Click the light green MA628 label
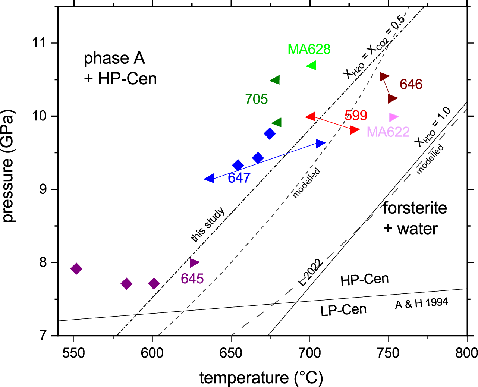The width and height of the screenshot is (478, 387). pos(309,49)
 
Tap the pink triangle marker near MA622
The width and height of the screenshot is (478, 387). pos(393,117)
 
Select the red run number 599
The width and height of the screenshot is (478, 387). pos(356,116)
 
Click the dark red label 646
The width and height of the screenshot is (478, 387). pos(411,84)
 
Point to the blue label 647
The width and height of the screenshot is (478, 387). pos(239,178)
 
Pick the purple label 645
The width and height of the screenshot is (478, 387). pos(192,279)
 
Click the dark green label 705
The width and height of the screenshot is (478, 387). pos(257,99)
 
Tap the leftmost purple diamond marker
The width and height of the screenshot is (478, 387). pos(76,268)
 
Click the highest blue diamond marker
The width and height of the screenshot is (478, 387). pos(270,133)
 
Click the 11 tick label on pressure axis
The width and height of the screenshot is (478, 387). pos(41,43)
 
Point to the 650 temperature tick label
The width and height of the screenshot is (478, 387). pos(231,353)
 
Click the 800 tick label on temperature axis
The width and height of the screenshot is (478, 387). pos(466,353)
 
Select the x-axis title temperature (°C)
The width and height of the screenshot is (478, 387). pos(261,378)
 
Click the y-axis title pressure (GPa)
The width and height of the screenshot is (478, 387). pos(8,166)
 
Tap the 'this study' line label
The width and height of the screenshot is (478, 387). pos(208,224)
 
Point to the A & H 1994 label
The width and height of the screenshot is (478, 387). pos(421,303)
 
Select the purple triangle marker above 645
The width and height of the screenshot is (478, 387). pos(194,263)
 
